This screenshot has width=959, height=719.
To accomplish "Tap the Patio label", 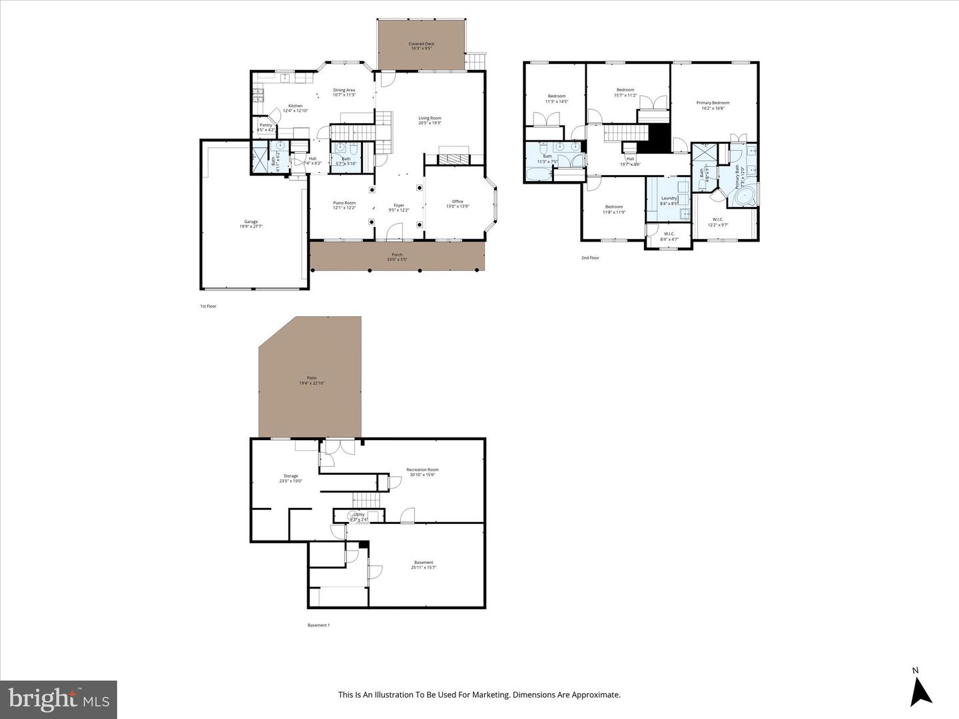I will tap(312, 379).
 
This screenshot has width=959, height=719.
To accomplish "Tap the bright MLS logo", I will tap(59, 699).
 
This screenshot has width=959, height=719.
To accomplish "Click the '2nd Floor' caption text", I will tap(590, 258).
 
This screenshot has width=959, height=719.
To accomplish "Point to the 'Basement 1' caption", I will tap(318, 625).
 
